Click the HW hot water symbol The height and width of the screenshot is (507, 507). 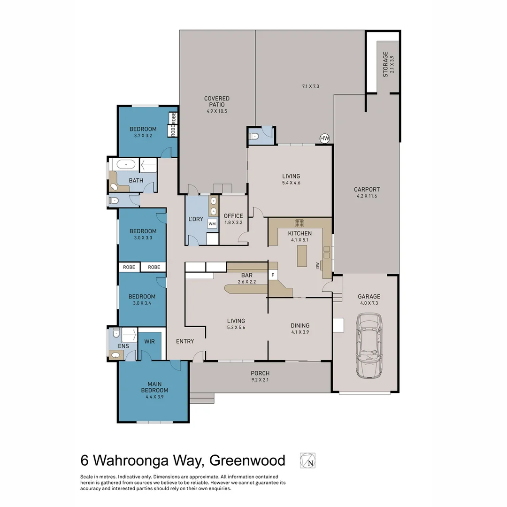click(x=324, y=138)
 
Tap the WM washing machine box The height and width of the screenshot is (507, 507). click(x=212, y=224)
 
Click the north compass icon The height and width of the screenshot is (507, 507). click(x=307, y=461)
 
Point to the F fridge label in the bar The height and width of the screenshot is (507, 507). click(x=273, y=275)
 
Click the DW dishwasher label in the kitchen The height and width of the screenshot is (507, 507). click(x=317, y=265)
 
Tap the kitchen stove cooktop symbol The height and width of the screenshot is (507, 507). click(x=300, y=223)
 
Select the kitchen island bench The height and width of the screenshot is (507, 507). click(x=302, y=256)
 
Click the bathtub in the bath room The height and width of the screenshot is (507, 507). click(x=125, y=165)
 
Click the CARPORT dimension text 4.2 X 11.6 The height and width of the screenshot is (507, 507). click(x=367, y=196)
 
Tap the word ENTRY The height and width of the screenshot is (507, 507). click(x=185, y=341)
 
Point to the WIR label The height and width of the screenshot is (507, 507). click(x=150, y=341)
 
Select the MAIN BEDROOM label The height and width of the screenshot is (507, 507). click(x=154, y=387)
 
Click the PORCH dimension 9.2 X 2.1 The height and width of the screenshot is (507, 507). click(x=260, y=380)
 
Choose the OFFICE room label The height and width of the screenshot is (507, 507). click(x=233, y=216)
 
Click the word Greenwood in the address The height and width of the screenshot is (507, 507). click(x=247, y=460)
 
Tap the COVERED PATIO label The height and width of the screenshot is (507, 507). click(x=216, y=101)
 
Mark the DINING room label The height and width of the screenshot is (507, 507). click(x=300, y=325)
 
